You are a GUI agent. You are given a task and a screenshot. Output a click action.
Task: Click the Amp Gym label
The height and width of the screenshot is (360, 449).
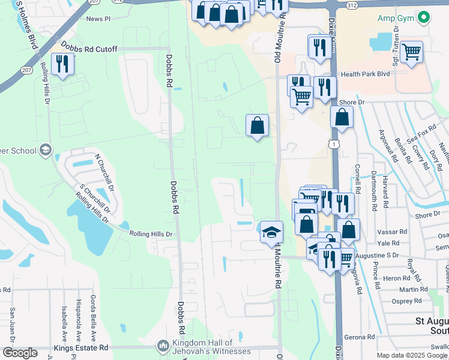tap(396, 18)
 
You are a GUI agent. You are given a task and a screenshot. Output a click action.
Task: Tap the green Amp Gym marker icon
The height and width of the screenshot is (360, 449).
tap(424, 17)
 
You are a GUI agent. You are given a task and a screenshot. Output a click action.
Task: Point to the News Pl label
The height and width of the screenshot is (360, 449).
tap(98, 19)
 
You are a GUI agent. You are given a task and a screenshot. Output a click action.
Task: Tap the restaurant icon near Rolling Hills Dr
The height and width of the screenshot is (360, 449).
tap(62, 64)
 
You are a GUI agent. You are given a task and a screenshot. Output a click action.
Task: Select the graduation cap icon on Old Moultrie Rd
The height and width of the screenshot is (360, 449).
tap(271, 231)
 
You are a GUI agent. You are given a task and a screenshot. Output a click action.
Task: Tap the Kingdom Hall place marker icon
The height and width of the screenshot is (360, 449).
tap(163, 346)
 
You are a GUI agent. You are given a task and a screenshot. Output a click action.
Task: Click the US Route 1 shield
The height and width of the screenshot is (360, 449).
tap(333, 144)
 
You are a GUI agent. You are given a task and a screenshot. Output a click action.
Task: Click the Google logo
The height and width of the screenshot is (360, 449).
tap(19, 353)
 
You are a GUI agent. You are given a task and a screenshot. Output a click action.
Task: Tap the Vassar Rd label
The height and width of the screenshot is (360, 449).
tap(393, 232)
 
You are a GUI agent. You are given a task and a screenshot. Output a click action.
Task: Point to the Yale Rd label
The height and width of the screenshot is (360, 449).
tap(388, 244)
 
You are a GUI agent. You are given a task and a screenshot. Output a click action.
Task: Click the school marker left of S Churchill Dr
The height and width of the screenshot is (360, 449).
tap(46, 150)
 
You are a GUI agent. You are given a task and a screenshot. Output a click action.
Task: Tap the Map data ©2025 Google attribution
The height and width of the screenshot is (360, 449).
tap(412, 355)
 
